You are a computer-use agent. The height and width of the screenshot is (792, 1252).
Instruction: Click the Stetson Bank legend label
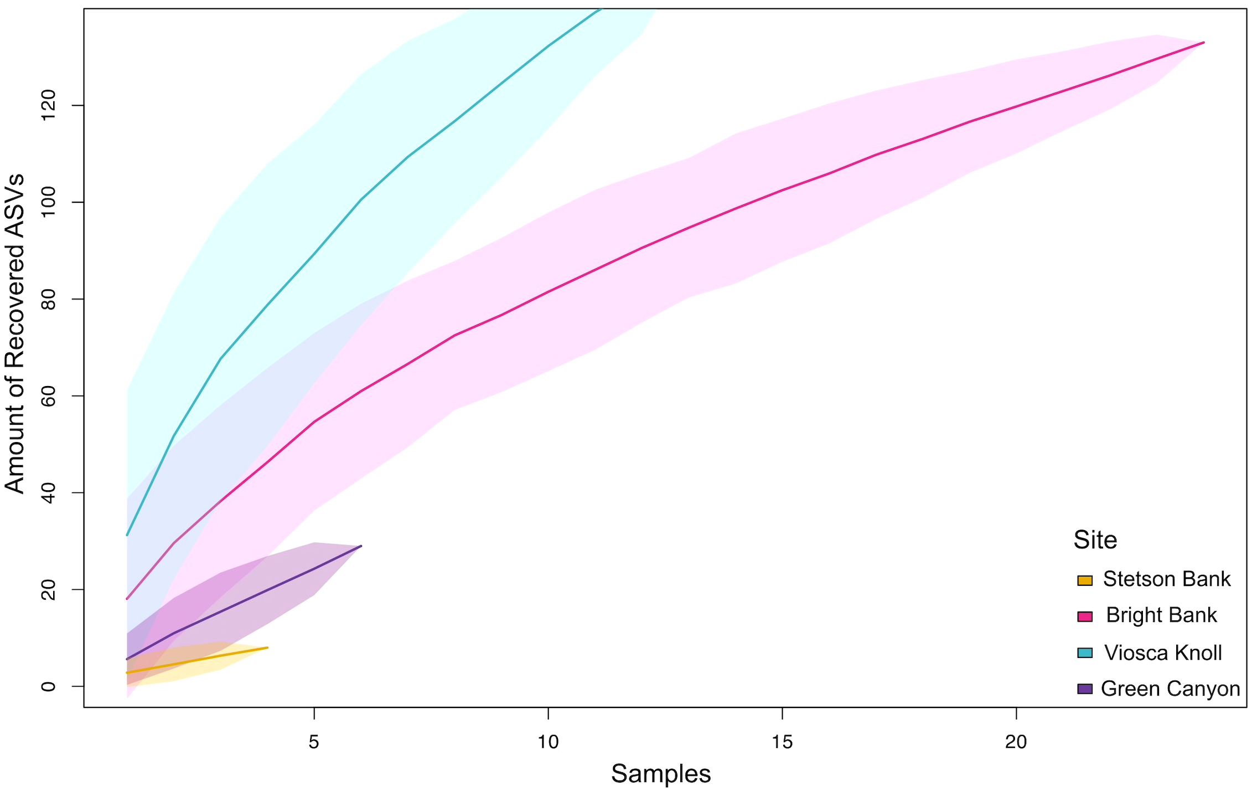point(1166,579)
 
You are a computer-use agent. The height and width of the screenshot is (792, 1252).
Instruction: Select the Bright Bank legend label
point(1161,615)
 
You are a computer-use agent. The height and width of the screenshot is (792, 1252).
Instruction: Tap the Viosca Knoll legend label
point(1163,653)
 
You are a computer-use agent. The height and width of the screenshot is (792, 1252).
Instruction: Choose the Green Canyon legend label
point(1170,689)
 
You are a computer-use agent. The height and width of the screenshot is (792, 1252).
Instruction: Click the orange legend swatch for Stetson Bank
point(1085,580)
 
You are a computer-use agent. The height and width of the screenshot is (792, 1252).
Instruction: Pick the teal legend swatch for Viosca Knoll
point(1085,653)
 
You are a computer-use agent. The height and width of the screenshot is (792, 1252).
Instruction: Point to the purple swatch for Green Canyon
point(1085,689)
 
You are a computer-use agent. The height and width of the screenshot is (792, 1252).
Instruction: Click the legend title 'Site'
point(1095,540)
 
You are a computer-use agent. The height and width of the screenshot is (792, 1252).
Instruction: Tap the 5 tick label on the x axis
point(314,742)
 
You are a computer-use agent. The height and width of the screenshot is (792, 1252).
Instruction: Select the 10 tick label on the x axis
point(548,742)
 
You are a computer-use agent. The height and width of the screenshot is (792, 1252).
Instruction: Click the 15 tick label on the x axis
point(782,742)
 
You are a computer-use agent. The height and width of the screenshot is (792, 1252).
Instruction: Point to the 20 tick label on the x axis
point(1016,742)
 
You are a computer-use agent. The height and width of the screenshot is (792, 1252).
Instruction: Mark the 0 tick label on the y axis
point(49,686)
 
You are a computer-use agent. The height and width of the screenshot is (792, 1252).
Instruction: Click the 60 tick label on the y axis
point(49,396)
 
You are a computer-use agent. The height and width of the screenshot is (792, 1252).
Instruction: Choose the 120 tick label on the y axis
point(49,105)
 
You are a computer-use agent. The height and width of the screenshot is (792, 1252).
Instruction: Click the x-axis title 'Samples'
point(661,774)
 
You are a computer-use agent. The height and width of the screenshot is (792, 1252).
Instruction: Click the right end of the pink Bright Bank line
point(1203,43)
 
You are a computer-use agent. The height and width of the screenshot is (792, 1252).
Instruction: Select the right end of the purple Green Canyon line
point(361,546)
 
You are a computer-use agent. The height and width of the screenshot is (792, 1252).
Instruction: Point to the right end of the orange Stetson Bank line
point(267,647)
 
